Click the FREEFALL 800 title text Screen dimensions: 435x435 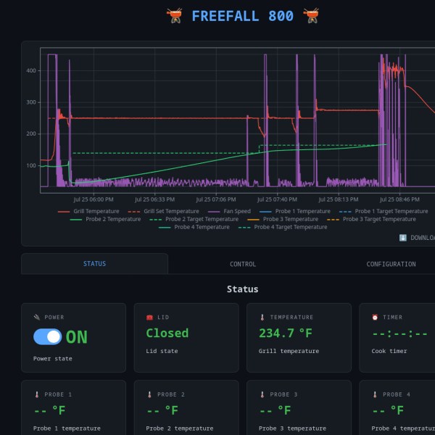242,16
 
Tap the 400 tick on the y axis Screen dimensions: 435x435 31,71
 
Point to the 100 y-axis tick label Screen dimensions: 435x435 31,165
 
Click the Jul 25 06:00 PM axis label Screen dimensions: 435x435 94,199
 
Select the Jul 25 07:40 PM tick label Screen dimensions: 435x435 277,199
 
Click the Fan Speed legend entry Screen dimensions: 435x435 229,212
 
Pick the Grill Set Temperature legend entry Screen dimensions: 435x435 163,212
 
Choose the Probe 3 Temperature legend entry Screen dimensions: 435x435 283,219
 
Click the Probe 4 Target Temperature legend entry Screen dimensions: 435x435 283,227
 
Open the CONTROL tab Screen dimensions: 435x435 243,264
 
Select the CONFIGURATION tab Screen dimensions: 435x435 391,264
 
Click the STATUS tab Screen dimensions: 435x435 94,264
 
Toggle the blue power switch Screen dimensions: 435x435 47,337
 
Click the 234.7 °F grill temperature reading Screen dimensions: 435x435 286,333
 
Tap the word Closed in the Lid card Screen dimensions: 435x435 167,333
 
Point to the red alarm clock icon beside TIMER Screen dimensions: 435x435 375,317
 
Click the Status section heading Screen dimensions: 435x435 242,289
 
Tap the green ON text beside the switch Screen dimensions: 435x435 77,337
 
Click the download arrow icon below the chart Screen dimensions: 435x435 402,238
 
